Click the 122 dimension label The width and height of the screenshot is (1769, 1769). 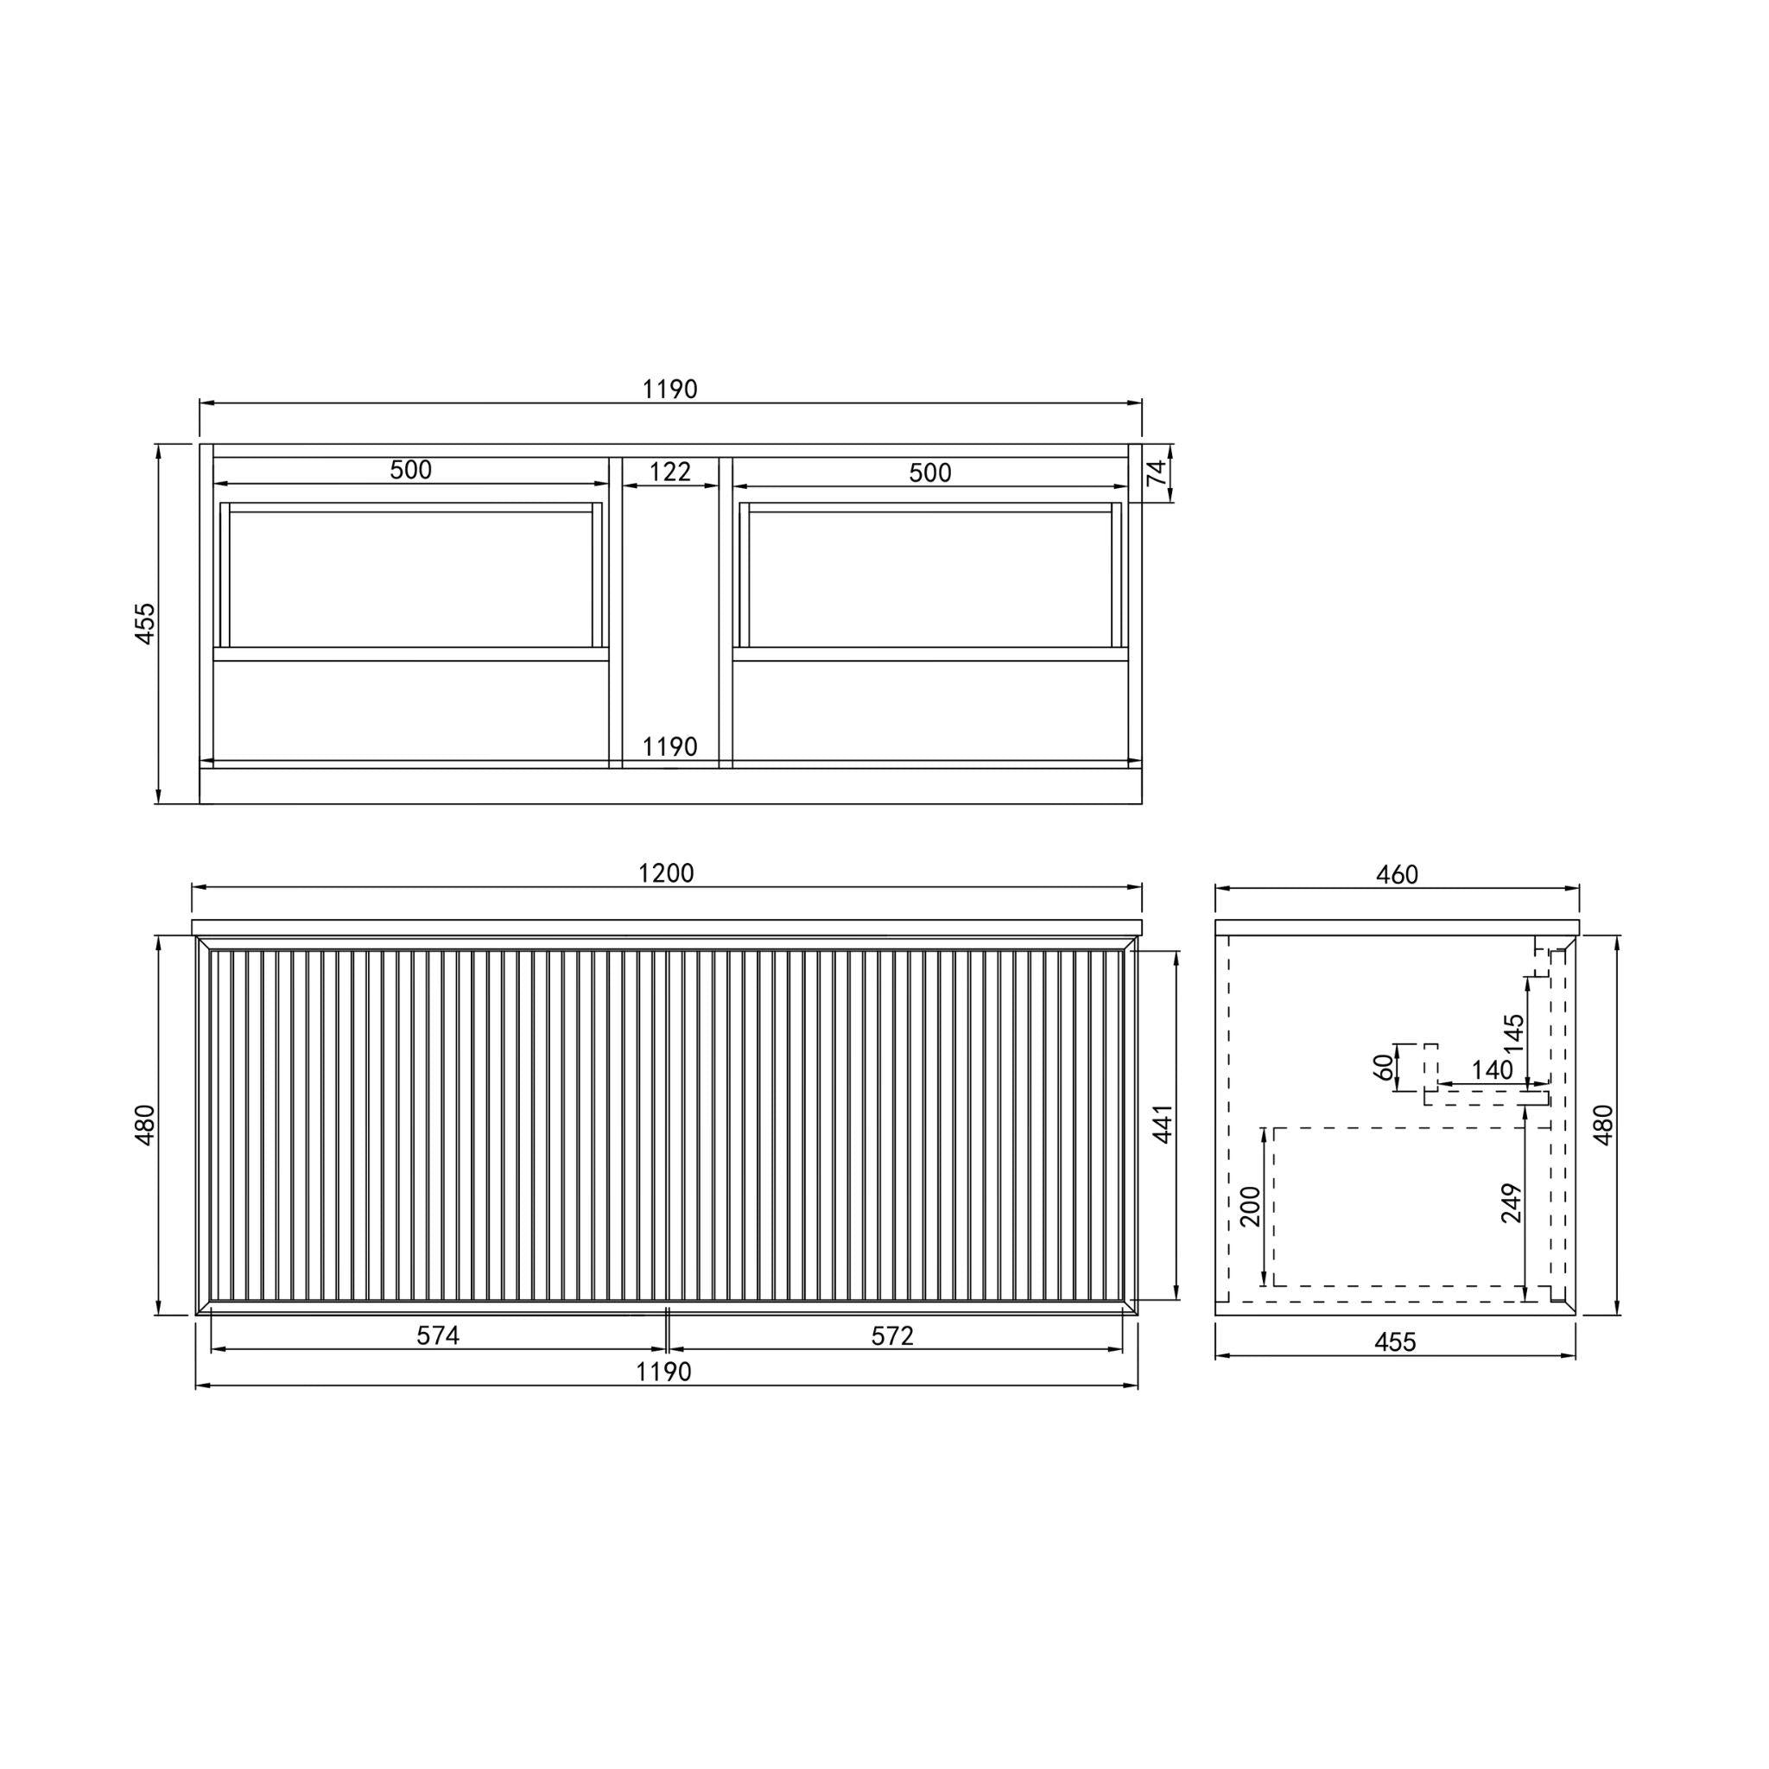[x=669, y=472]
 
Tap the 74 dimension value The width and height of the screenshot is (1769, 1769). [x=1157, y=472]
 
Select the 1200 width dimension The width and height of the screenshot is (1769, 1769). [x=666, y=872]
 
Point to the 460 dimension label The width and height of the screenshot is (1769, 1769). [x=1397, y=874]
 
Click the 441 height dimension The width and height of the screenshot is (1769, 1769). [x=1163, y=1124]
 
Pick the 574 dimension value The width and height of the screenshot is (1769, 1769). [x=438, y=1336]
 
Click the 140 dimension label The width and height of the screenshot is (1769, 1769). [x=1493, y=1069]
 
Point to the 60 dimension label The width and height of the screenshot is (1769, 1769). [x=1384, y=1066]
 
